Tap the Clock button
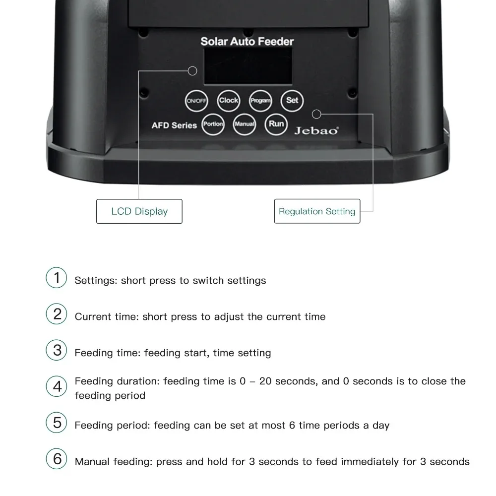[228, 101]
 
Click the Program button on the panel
[260, 101]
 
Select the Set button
[292, 101]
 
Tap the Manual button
[244, 124]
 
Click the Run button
[276, 124]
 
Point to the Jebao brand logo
[316, 130]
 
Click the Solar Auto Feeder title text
[247, 42]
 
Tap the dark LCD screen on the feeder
[248, 66]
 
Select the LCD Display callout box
[139, 211]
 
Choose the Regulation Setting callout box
[317, 211]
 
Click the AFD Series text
[174, 125]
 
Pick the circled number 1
[57, 278]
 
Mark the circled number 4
[57, 386]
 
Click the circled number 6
[57, 459]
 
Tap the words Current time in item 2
[106, 316]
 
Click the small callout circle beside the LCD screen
[192, 71]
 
